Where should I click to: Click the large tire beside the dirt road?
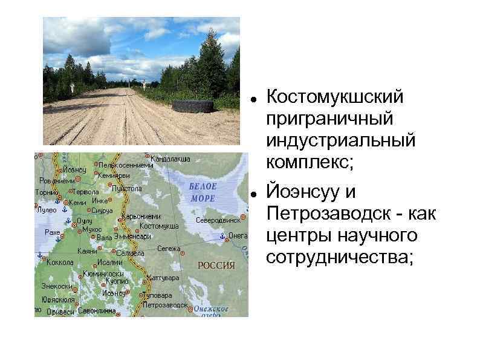point(193,106)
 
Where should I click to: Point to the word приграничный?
point(329,119)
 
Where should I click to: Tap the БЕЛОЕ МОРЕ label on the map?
point(203,192)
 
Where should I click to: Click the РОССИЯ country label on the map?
point(216,265)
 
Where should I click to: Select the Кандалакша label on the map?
point(171,159)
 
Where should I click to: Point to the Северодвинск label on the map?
point(218,220)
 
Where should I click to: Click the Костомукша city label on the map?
point(159,226)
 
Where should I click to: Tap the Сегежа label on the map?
point(169,248)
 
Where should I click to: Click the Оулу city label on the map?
point(84,221)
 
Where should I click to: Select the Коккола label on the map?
point(59,263)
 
